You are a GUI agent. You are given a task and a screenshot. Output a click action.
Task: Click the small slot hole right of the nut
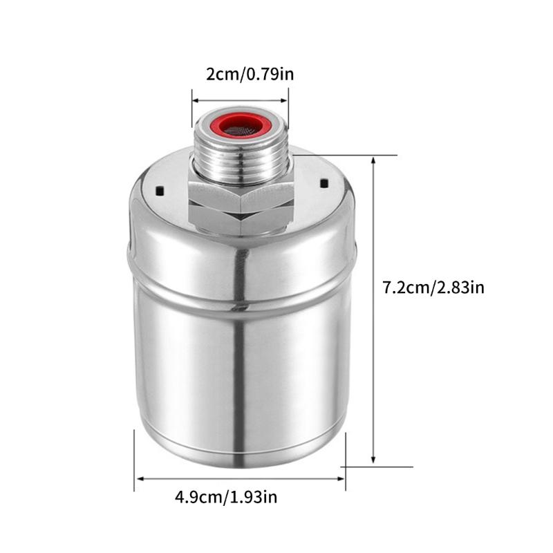coord(322,183)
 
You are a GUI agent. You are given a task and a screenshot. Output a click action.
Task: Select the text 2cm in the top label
coord(221,74)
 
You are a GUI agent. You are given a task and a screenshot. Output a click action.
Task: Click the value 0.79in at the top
coord(269,74)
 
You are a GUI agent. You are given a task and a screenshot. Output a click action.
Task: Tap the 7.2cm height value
coord(405,286)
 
